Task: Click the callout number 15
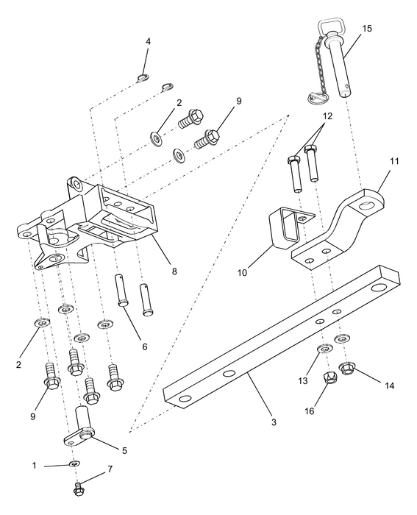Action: tap(367, 29)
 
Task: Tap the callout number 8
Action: tap(174, 271)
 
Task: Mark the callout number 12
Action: tap(327, 116)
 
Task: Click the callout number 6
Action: tap(144, 345)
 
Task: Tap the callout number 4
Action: tap(148, 42)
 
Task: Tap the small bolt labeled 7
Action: tap(79, 488)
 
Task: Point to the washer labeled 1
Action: tap(75, 464)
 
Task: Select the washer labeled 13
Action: tap(323, 349)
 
